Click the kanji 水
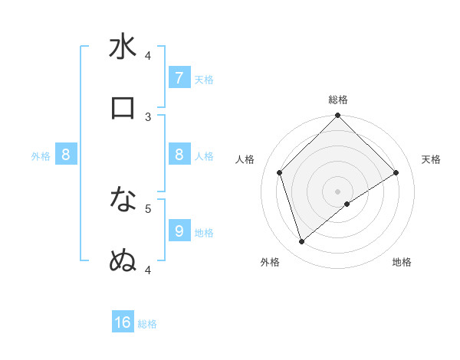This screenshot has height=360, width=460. pyautogui.click(x=123, y=47)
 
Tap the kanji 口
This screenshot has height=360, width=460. pyautogui.click(x=123, y=108)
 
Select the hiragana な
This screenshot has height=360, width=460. pyautogui.click(x=123, y=199)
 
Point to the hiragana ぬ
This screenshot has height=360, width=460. pyautogui.click(x=123, y=261)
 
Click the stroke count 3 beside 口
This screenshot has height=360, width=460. pyautogui.click(x=148, y=116)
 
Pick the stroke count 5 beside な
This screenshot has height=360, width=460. pyautogui.click(x=148, y=208)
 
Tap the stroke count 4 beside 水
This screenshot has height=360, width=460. pyautogui.click(x=148, y=55)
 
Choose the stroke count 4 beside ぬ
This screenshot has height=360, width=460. pyautogui.click(x=148, y=270)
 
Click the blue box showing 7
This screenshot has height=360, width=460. pyautogui.click(x=179, y=77)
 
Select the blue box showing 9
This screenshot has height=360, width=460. pyautogui.click(x=179, y=231)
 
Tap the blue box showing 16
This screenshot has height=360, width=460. pyautogui.click(x=123, y=322)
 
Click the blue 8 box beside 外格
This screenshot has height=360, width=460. pyautogui.click(x=66, y=155)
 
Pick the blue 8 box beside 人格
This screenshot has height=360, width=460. pyautogui.click(x=179, y=155)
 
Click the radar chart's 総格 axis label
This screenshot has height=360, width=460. pyautogui.click(x=338, y=100)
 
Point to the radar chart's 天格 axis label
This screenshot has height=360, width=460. pyautogui.click(x=432, y=159)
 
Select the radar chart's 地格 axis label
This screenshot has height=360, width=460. pyautogui.click(x=402, y=262)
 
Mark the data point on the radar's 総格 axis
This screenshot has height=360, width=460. pyautogui.click(x=338, y=116)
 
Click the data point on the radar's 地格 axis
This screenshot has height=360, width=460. pyautogui.click(x=347, y=204)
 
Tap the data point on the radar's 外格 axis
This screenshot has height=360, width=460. pyautogui.click(x=302, y=242)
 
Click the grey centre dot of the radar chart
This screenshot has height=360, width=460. pyautogui.click(x=338, y=191)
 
